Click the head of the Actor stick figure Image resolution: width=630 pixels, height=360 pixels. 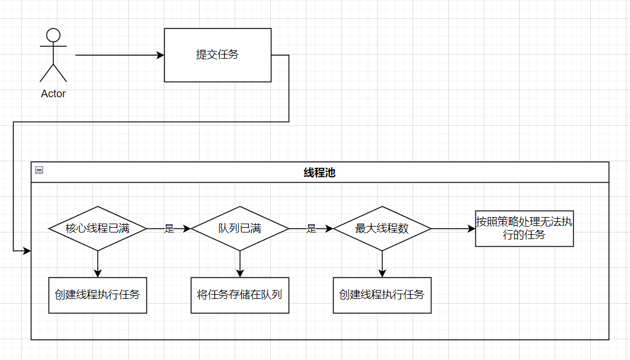53,35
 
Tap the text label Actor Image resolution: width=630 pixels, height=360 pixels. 53,94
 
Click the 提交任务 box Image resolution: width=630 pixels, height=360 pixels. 218,55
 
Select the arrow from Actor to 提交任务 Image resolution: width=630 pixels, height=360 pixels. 119,55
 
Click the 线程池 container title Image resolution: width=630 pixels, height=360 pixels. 319,173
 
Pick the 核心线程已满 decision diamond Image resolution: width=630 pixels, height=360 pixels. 98,228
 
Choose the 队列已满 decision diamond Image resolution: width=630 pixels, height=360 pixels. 240,228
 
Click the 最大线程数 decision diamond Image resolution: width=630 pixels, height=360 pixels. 382,228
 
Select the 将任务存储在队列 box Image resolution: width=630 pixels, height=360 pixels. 240,295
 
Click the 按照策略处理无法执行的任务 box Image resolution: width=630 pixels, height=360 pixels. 525,228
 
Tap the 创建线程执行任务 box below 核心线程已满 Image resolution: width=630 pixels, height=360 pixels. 98,295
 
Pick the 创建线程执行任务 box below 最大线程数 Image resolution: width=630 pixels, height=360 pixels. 382,295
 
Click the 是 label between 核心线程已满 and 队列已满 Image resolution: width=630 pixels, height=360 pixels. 169,229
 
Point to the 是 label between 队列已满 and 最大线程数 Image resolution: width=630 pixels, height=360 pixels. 311,229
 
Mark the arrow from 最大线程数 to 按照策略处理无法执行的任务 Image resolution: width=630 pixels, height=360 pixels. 453,228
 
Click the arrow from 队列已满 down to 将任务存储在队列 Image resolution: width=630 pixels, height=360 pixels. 240,264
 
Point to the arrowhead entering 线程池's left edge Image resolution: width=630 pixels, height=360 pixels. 26,251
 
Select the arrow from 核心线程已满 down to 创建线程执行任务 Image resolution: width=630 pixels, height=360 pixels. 98,264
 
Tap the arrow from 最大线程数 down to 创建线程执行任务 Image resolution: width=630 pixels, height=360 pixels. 382,264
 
